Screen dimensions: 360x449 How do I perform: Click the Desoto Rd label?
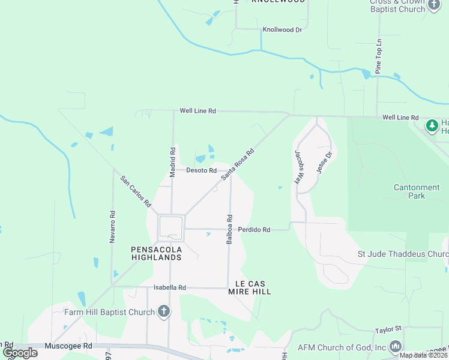pyautogui.click(x=201, y=170)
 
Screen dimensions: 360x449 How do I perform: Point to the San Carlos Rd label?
pyautogui.click(x=136, y=191)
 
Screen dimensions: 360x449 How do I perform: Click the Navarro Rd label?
pyautogui.click(x=112, y=226)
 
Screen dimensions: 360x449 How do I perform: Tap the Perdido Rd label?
pyautogui.click(x=254, y=229)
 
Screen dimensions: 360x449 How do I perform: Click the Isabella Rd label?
pyautogui.click(x=170, y=287)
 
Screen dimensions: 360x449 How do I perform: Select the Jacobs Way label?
pyautogui.click(x=297, y=166)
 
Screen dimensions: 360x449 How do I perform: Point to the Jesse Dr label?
pyautogui.click(x=324, y=162)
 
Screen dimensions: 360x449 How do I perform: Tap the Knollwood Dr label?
pyautogui.click(x=282, y=29)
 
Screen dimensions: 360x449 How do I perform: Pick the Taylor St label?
pyautogui.click(x=388, y=329)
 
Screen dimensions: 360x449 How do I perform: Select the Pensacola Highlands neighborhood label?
pyautogui.click(x=156, y=253)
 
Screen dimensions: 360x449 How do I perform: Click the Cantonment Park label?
pyautogui.click(x=417, y=191)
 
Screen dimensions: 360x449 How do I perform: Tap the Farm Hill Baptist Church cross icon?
pyautogui.click(x=164, y=311)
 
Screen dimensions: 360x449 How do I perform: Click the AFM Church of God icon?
pyautogui.click(x=396, y=347)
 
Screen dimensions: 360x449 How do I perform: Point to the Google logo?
pyautogui.click(x=20, y=353)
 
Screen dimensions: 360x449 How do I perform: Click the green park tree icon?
pyautogui.click(x=431, y=125)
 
